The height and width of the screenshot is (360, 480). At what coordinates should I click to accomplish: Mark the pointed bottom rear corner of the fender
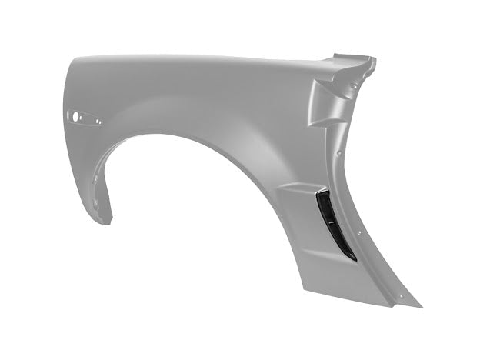421,305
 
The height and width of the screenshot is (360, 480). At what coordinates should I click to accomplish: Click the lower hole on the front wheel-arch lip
96,204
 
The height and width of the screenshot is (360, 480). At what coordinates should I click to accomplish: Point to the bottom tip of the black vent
354,258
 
